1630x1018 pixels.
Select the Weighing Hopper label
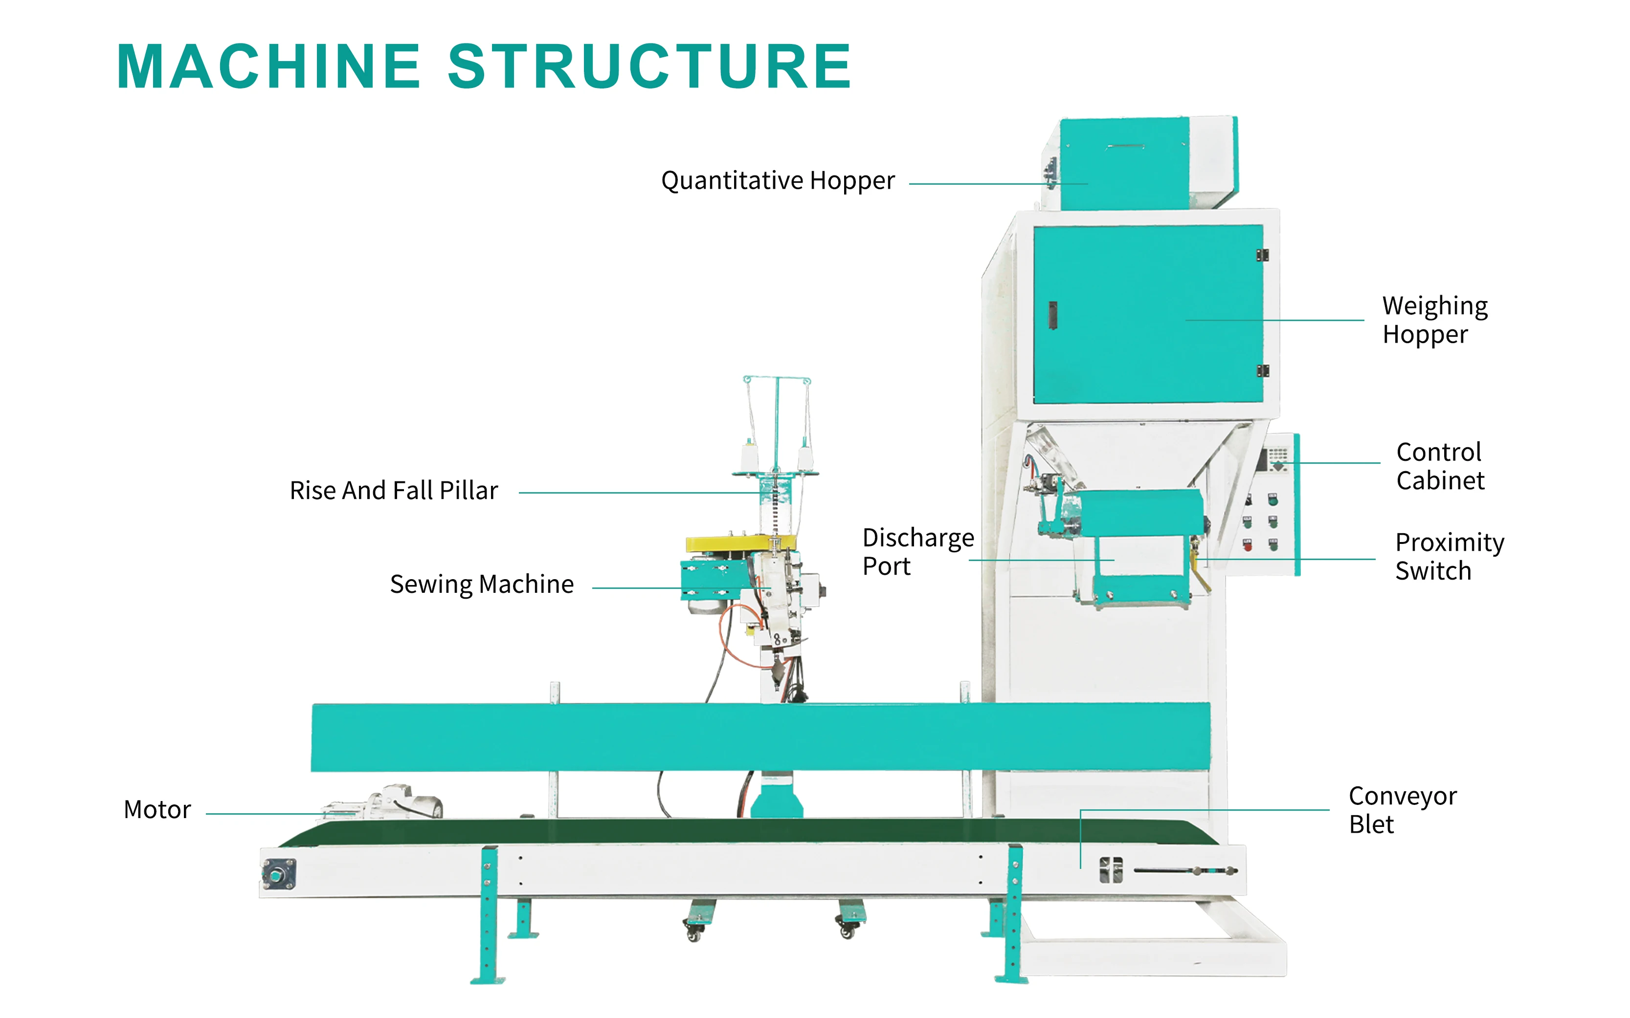(x=1435, y=320)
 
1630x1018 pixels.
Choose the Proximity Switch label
(x=1449, y=556)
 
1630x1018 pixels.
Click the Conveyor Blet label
(x=1402, y=810)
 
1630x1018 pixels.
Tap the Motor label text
(x=157, y=809)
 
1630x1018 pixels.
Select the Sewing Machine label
(x=482, y=585)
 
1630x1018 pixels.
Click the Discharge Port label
(x=917, y=551)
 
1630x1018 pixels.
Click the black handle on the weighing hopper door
(x=1053, y=315)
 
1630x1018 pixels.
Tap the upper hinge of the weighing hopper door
(x=1262, y=255)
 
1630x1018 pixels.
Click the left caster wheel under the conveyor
(x=694, y=933)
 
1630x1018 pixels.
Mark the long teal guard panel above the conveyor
(x=760, y=737)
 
